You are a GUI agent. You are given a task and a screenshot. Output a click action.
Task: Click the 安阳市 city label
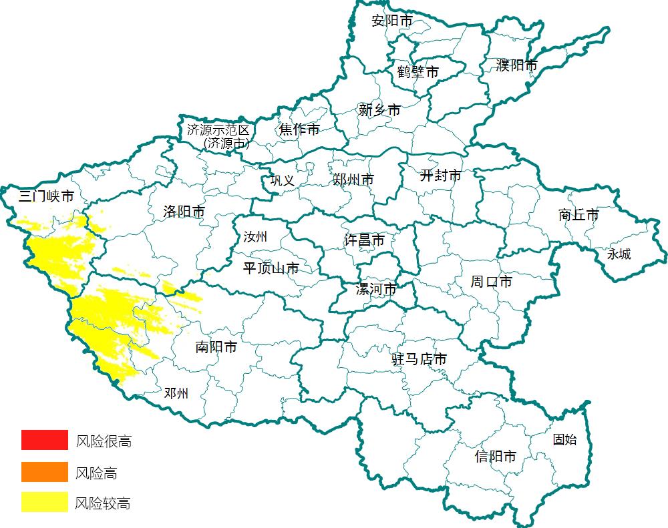coord(392,21)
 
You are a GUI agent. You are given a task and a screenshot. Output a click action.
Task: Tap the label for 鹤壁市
coord(417,71)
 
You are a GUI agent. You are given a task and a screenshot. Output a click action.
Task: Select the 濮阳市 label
coord(517,65)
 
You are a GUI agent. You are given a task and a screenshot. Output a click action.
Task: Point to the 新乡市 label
coord(379,110)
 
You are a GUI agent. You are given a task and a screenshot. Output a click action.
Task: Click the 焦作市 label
coord(299,129)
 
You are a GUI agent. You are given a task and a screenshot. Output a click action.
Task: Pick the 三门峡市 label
coord(46,196)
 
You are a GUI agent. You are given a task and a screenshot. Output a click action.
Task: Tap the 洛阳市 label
coord(184,212)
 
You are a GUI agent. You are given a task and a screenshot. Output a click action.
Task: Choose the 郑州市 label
coord(353,180)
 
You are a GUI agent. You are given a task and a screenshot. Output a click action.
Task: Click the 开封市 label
coord(440,176)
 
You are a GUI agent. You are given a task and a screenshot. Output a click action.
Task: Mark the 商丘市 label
coord(578,215)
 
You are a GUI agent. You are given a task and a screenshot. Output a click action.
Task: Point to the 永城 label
coord(619,254)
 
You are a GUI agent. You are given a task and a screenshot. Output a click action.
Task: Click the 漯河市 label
coord(375,290)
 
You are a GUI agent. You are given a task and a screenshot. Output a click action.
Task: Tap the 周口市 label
coord(491,282)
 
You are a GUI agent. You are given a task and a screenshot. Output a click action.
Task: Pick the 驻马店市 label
coord(419,359)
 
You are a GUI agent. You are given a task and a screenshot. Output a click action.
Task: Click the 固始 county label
coord(564,440)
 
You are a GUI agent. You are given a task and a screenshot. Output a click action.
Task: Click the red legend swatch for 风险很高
coord(44,440)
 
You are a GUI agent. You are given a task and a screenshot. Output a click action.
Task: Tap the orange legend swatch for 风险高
coord(44,471)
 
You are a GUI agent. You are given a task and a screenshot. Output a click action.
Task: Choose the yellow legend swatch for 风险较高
coord(44,502)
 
